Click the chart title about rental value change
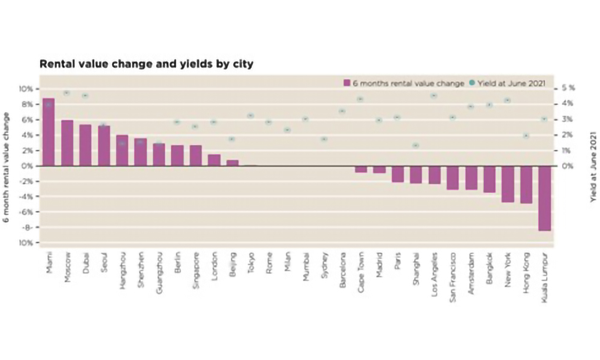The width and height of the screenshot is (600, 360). pyautogui.click(x=146, y=63)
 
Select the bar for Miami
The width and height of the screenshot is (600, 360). pyautogui.click(x=49, y=132)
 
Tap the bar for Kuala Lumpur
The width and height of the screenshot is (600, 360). pyautogui.click(x=544, y=198)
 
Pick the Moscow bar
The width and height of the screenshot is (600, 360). pyautogui.click(x=67, y=143)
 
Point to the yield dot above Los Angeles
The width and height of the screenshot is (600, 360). pyautogui.click(x=434, y=95)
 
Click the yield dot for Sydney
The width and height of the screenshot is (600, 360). pyautogui.click(x=324, y=139)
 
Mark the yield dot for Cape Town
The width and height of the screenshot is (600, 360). pyautogui.click(x=360, y=99)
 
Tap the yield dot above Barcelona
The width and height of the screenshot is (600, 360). pyautogui.click(x=342, y=111)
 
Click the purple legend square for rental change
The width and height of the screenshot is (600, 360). pyautogui.click(x=347, y=83)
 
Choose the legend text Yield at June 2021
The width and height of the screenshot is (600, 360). pyautogui.click(x=510, y=83)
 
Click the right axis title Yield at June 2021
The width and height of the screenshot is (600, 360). pyautogui.click(x=593, y=165)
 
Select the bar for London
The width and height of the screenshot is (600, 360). pyautogui.click(x=214, y=160)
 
